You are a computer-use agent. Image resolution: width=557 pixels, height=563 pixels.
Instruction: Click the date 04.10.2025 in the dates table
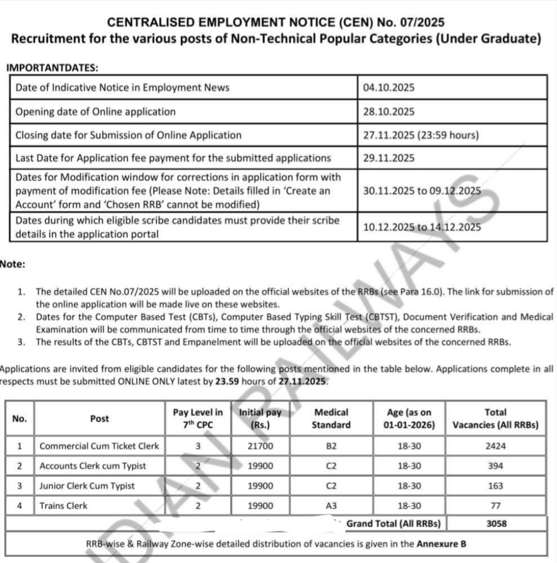point(388,88)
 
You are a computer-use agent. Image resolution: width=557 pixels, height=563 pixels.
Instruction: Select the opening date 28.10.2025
point(388,111)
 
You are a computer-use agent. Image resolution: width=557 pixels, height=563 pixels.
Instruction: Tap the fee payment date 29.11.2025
point(388,158)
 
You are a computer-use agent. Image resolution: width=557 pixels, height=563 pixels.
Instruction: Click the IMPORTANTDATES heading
point(52,68)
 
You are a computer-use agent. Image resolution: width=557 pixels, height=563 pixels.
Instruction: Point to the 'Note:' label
point(13,264)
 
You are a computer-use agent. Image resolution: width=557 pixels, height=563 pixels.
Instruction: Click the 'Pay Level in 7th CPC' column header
point(198,419)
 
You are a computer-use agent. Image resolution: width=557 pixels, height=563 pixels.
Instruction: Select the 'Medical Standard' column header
point(331,419)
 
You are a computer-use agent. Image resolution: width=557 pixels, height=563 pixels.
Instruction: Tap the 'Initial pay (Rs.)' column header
point(260,419)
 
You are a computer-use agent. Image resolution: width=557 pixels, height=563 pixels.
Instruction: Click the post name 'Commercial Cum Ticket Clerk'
point(99,446)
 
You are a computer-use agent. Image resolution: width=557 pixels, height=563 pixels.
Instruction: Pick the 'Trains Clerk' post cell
point(63,506)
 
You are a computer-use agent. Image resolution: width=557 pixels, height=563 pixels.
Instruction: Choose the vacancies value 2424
point(495,446)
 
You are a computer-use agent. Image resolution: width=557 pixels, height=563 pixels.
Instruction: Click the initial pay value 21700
point(260,446)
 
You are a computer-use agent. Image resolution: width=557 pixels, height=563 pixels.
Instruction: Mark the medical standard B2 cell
point(331,446)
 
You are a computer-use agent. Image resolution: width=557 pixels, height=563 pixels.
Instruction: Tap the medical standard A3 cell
point(331,506)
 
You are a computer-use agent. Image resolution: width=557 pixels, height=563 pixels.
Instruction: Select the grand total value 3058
point(496,524)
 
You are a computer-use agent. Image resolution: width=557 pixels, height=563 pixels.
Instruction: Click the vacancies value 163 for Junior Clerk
point(495,486)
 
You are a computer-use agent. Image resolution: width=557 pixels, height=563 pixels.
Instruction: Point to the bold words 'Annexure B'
point(441,544)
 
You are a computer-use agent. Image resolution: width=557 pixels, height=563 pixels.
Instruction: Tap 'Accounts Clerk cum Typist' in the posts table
point(93,466)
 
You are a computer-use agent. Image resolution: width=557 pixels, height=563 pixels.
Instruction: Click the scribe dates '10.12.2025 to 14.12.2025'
point(422,227)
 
